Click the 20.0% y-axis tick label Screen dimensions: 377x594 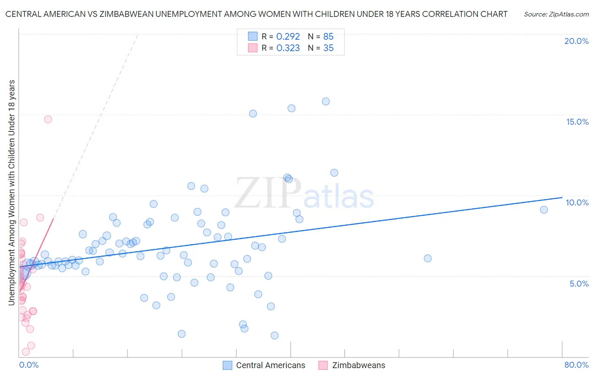(x=576, y=41)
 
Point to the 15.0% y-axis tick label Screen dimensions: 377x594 (x=577, y=122)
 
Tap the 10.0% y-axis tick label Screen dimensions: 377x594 (x=577, y=202)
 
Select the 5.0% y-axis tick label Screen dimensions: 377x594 (x=579, y=284)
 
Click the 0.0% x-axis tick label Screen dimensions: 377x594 (x=29, y=365)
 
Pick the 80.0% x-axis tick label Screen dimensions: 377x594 (x=576, y=365)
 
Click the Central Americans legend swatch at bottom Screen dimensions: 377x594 (x=228, y=365)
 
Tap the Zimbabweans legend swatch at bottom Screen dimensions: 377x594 (x=323, y=365)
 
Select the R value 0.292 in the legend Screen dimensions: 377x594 (x=288, y=36)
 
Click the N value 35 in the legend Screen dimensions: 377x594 (x=328, y=48)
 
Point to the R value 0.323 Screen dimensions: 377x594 (x=288, y=48)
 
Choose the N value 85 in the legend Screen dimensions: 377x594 (x=328, y=36)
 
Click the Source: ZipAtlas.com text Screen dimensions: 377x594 (x=556, y=14)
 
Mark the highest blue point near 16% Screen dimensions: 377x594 (x=326, y=101)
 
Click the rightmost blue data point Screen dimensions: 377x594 (x=544, y=210)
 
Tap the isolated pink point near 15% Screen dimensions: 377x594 (x=48, y=119)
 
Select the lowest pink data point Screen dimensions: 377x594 (x=26, y=352)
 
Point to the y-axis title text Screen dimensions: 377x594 (x=12, y=192)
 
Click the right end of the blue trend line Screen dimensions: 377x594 (x=562, y=197)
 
